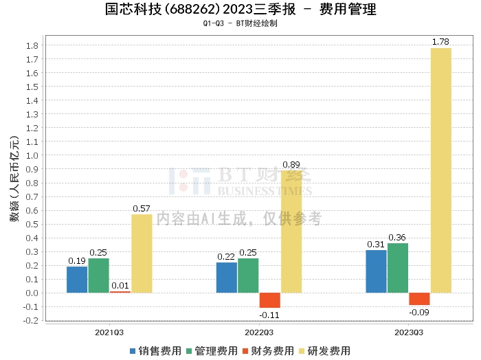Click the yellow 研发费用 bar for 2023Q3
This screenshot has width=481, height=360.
coord(441,170)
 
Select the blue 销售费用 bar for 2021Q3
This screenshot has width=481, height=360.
coord(77,280)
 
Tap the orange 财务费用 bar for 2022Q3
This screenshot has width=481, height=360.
coord(269,300)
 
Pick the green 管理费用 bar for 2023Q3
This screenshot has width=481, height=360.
coord(398,268)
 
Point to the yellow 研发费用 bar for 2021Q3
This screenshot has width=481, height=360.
coord(142,254)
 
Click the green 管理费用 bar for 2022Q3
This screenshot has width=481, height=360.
coord(248,275)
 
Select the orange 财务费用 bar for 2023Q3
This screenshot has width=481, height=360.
coord(419,299)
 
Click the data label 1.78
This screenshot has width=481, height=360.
coord(440,42)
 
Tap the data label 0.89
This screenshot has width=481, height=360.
coord(291,165)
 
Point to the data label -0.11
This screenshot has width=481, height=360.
coord(269,315)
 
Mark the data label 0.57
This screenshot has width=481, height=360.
coord(142,209)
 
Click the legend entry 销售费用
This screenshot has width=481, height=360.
coord(155,350)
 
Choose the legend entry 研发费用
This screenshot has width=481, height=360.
coord(324,350)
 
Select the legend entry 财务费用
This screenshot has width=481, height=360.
coord(268,350)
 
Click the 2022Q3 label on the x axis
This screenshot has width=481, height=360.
coord(259,333)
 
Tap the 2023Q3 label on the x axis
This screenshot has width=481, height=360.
coord(409,333)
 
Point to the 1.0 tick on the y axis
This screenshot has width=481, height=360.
coord(32,155)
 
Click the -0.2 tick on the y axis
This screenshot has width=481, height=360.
coord(31,320)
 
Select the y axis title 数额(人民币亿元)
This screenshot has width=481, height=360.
coord(14,179)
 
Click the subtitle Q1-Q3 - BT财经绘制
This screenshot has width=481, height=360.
coord(240,23)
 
